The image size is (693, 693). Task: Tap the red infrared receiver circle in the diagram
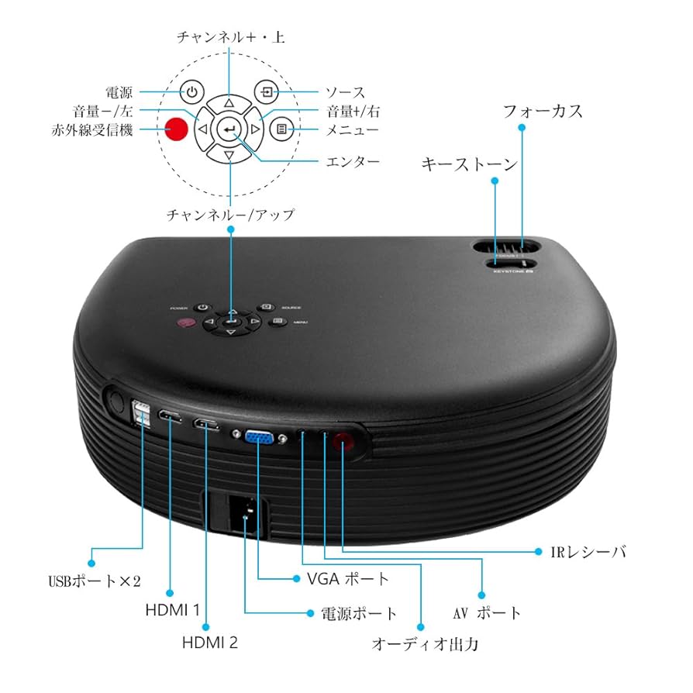[x=178, y=129]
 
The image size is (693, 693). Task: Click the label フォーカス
[x=542, y=111]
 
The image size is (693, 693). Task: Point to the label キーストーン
[x=469, y=164]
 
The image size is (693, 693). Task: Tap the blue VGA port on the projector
[x=257, y=439]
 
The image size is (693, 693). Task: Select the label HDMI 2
[x=209, y=643]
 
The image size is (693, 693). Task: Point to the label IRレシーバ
[x=583, y=552]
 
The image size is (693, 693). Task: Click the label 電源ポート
[x=359, y=613]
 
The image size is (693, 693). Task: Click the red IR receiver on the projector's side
[x=343, y=443]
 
